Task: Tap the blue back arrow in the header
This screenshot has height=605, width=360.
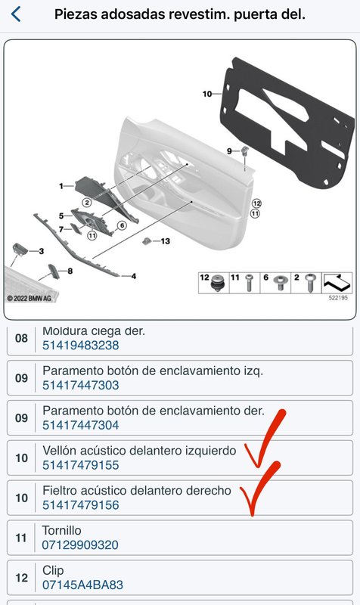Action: pyautogui.click(x=16, y=14)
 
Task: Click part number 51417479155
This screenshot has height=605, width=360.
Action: pyautogui.click(x=81, y=465)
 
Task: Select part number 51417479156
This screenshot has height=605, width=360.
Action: pyautogui.click(x=81, y=505)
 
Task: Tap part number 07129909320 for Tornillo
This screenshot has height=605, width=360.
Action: pyautogui.click(x=80, y=544)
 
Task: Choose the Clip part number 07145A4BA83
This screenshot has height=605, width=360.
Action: pyautogui.click(x=82, y=585)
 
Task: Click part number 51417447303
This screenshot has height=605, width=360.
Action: pyautogui.click(x=81, y=385)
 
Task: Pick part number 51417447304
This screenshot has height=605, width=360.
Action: pyautogui.click(x=81, y=425)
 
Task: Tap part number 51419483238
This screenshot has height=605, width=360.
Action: pyautogui.click(x=81, y=346)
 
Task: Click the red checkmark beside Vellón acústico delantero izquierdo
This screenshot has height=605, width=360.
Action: pyautogui.click(x=264, y=440)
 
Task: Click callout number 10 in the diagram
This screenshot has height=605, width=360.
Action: pyautogui.click(x=207, y=94)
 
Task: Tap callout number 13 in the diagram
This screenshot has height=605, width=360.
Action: pyautogui.click(x=165, y=241)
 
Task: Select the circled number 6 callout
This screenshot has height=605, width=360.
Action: pyautogui.click(x=122, y=225)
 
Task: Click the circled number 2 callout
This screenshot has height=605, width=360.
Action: pyautogui.click(x=87, y=202)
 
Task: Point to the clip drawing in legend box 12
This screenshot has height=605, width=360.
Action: pyautogui.click(x=219, y=284)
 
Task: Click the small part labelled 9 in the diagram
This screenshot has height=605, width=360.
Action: pyautogui.click(x=244, y=150)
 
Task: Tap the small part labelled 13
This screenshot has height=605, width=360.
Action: pyautogui.click(x=147, y=241)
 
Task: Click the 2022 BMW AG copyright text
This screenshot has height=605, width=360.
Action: pyautogui.click(x=29, y=298)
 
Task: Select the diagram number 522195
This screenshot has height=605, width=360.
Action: pyautogui.click(x=338, y=298)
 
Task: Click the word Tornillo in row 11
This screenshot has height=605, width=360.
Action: pyautogui.click(x=62, y=531)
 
